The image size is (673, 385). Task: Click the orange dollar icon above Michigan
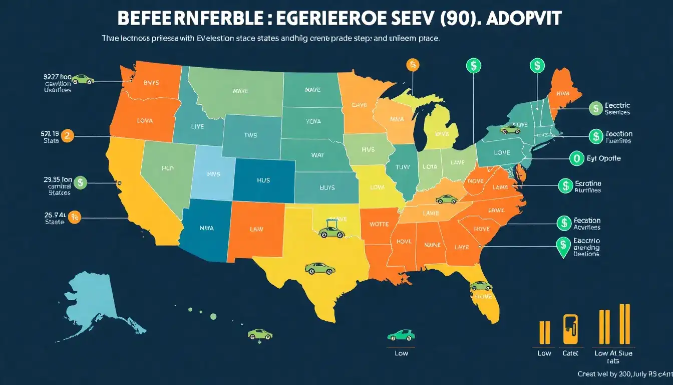[x=413, y=65]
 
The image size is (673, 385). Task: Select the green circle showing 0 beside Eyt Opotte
[x=577, y=158]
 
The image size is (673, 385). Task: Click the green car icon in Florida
[x=481, y=286]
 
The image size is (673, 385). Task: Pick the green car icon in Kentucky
[x=446, y=199]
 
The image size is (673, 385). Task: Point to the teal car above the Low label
[x=401, y=334]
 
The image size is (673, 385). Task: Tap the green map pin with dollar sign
[x=563, y=246]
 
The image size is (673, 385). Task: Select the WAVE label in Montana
[x=241, y=91]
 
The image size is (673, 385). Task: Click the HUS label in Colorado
[x=263, y=179]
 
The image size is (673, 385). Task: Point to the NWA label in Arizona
[x=206, y=228]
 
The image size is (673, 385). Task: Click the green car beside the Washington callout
[x=83, y=79]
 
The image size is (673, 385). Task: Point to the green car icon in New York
[x=510, y=130]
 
